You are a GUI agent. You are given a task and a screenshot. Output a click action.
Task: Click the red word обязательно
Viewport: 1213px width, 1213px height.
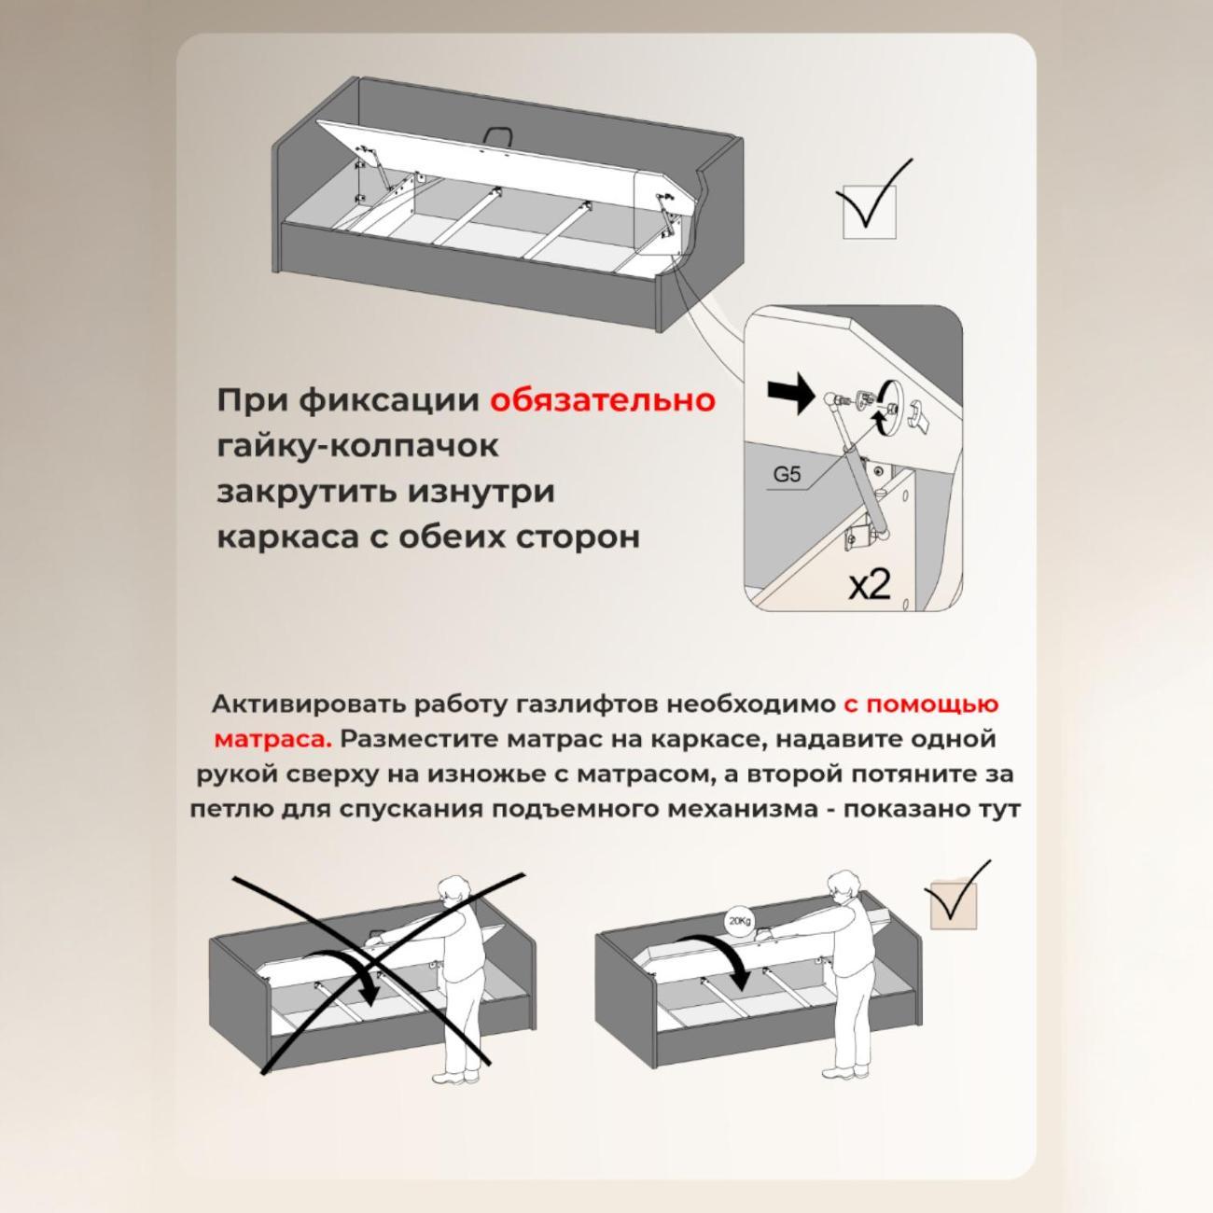click(603, 400)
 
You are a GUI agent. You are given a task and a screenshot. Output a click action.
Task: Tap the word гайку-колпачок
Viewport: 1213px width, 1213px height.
click(357, 446)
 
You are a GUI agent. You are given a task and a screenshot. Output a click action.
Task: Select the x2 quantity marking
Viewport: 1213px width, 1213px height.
click(869, 585)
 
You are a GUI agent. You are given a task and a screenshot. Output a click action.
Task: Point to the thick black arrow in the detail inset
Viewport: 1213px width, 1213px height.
click(790, 395)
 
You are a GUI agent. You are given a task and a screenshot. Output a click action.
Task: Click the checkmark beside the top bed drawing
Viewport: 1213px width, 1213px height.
click(871, 200)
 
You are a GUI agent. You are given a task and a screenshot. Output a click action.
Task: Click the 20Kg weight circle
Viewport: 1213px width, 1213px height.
click(739, 922)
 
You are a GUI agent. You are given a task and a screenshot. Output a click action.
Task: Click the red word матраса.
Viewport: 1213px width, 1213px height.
click(272, 739)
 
